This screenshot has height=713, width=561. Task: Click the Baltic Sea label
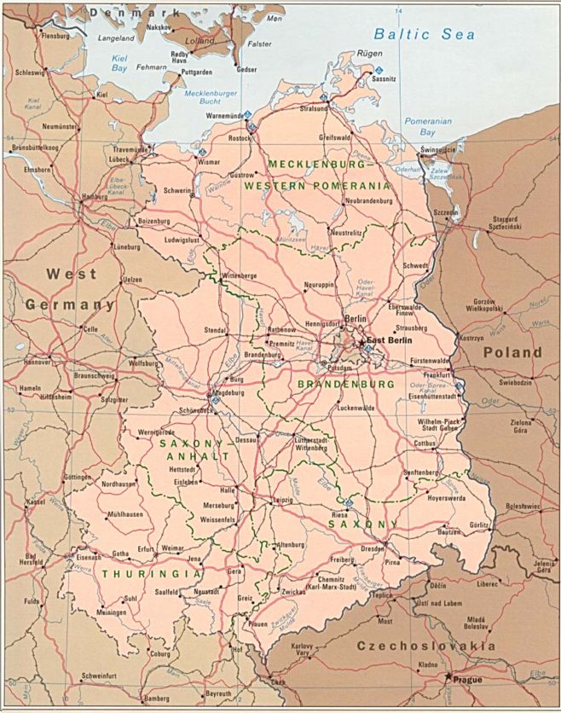[425, 35]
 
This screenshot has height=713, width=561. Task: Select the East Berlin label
[389, 339]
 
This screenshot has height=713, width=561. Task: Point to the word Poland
[512, 351]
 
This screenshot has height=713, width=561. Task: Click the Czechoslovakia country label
[426, 646]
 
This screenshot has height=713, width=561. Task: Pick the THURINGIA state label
[140, 574]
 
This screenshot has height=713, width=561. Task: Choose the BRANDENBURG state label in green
[346, 385]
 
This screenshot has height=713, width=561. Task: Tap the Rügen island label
[367, 53]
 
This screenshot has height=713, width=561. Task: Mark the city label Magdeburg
[227, 393]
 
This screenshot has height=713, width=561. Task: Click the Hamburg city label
[94, 195]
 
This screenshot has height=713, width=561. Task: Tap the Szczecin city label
[445, 212]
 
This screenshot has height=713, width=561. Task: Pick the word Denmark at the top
[136, 13]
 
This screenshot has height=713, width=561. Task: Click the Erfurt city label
[147, 549]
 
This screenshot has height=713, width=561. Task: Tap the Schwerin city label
[177, 191]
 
